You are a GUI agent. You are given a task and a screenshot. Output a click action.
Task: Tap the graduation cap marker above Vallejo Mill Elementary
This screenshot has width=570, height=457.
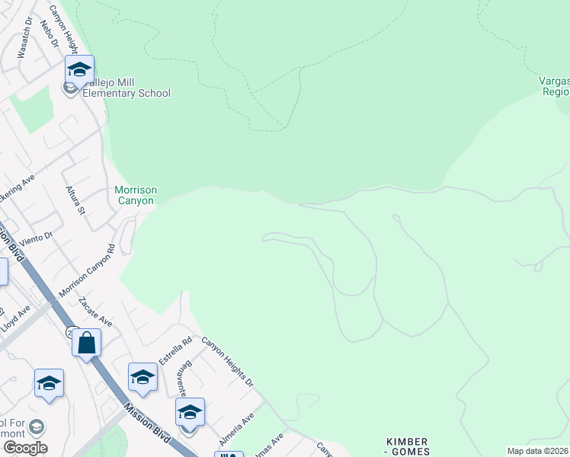79,70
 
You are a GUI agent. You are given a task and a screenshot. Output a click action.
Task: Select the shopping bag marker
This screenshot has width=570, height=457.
87,343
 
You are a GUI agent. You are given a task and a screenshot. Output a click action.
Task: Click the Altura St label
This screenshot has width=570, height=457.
75,200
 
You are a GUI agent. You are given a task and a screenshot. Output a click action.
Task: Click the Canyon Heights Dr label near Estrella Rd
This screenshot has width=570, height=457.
226,361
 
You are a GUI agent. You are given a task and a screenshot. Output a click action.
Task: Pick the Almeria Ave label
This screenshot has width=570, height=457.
237,430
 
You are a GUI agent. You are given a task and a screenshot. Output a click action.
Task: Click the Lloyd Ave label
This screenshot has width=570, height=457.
16,316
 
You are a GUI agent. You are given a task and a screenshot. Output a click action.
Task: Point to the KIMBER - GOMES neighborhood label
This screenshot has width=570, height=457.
408,447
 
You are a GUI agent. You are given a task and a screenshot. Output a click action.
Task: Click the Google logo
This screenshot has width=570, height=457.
25,447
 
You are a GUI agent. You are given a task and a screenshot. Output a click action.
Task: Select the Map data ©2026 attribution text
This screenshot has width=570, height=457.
538,451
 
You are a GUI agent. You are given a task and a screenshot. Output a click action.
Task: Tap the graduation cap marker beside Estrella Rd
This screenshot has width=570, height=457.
142,377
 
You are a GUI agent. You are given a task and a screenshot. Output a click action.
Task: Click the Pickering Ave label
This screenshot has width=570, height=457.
17,184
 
